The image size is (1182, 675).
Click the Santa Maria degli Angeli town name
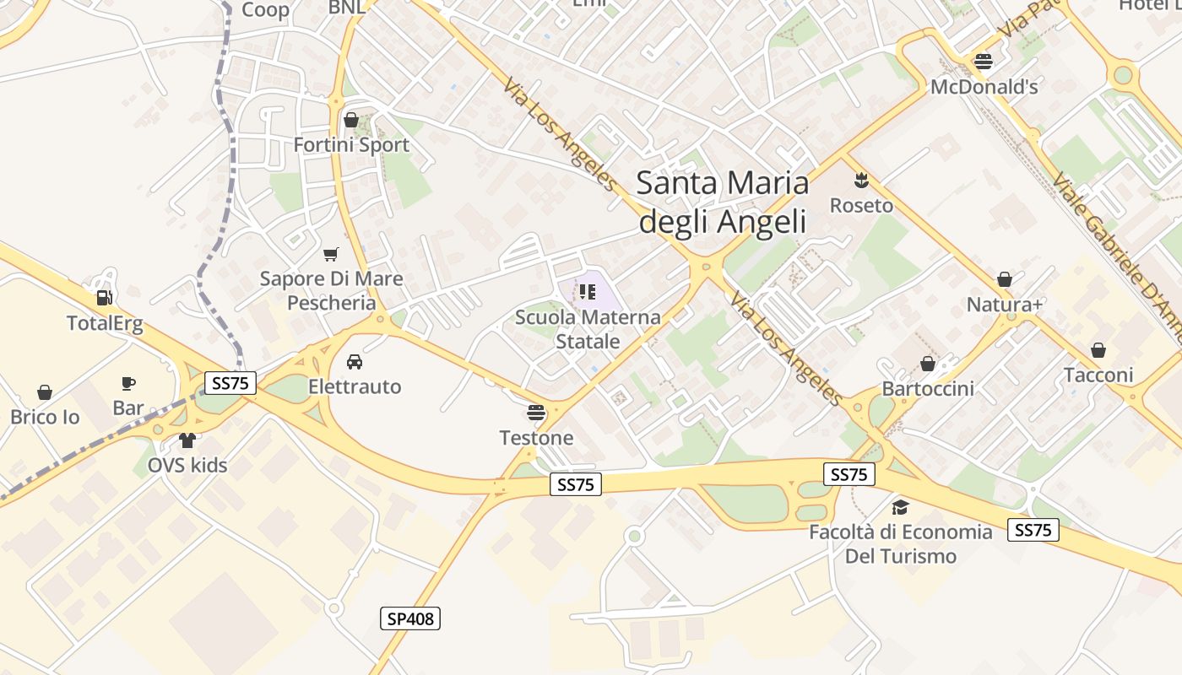(x=722, y=202)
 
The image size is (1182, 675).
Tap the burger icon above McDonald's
(x=983, y=61)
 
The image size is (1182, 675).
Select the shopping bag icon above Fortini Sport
(x=350, y=120)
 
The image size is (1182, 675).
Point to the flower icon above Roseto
(x=861, y=180)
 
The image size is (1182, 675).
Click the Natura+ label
(x=1004, y=305)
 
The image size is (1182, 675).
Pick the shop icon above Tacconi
(x=1098, y=350)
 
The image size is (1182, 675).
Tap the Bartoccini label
(x=928, y=389)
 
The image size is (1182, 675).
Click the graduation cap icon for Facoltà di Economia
(x=900, y=507)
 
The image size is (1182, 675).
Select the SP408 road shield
(x=410, y=618)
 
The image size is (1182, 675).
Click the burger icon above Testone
(x=536, y=413)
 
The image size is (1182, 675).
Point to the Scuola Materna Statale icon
(x=588, y=292)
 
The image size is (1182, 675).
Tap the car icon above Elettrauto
(x=355, y=362)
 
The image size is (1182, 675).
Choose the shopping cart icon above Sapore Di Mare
(x=331, y=254)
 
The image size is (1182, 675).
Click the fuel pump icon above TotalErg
(x=106, y=297)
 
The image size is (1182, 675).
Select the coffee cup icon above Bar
(x=128, y=383)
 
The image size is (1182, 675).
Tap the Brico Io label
(x=45, y=417)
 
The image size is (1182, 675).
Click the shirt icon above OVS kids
(x=187, y=440)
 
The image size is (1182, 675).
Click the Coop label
(x=265, y=9)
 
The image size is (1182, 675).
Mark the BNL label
(x=346, y=7)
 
